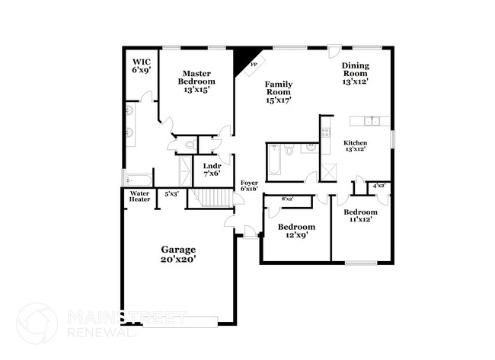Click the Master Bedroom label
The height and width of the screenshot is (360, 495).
click(196, 81)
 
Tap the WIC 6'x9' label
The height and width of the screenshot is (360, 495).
click(141, 65)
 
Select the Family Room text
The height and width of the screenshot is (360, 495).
click(279, 91)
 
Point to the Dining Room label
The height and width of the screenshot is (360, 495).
click(355, 73)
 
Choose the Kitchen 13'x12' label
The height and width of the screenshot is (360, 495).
click(356, 146)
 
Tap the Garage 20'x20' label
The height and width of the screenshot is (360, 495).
click(177, 254)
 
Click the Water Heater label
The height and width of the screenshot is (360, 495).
click(139, 197)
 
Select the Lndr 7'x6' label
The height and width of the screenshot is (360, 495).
click(211, 169)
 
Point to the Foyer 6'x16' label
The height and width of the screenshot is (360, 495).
click(249, 186)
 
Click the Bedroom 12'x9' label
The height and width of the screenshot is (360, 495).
click(296, 231)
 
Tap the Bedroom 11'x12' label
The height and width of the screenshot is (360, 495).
click(359, 215)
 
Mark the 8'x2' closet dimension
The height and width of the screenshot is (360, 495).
click(287, 199)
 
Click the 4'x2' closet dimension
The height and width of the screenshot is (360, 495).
click(378, 186)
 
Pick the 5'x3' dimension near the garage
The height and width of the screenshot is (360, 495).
click(172, 194)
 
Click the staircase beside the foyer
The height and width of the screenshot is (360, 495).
click(211, 199)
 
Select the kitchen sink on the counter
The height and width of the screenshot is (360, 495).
click(371, 120)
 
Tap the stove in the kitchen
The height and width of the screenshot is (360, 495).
click(325, 131)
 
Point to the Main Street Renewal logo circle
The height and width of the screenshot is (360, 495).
click(37, 323)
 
